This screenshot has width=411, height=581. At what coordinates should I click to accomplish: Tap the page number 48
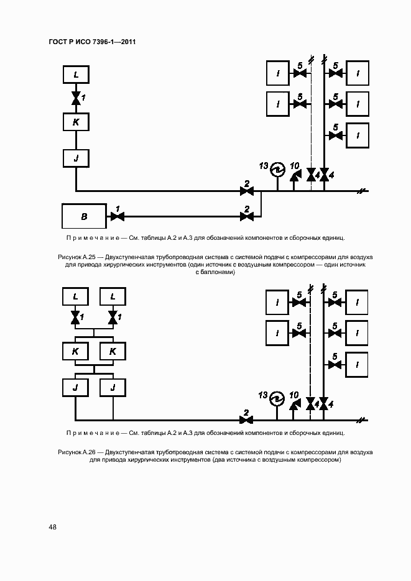coord(53,527)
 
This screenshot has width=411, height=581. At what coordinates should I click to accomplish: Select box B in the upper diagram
coord(85,216)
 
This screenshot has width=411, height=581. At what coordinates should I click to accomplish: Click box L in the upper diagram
coord(76,75)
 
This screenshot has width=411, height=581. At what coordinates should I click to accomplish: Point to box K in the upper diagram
coord(76,122)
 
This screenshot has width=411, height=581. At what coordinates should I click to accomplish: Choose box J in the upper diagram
coord(76,158)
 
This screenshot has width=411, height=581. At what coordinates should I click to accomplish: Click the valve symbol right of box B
coord(116,216)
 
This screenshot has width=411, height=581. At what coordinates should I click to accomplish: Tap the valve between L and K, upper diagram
coord(76,98)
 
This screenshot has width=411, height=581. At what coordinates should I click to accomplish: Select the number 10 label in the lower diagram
coord(294,395)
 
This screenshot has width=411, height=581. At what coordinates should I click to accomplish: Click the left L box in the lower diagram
coord(76,297)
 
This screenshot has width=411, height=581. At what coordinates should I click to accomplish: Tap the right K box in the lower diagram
coord(113,351)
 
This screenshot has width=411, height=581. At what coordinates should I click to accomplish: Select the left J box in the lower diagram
coord(76,387)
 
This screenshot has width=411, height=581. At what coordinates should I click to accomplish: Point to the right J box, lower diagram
coord(113,387)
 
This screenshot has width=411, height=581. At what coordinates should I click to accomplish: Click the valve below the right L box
coord(113,319)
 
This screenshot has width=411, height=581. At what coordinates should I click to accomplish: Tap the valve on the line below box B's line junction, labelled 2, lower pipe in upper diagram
coord(246,216)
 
